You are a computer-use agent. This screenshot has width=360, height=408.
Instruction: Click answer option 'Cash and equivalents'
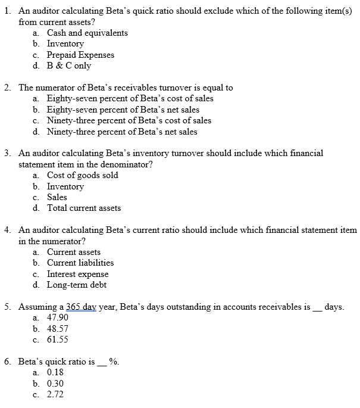(x=87, y=33)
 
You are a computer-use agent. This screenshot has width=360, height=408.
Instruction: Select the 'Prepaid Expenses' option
(x=80, y=55)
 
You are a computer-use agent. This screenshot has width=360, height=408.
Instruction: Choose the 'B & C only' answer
(x=69, y=66)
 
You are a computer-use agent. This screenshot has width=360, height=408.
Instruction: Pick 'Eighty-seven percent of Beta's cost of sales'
(x=130, y=98)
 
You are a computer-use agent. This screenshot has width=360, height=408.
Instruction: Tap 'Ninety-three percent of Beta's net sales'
(x=122, y=132)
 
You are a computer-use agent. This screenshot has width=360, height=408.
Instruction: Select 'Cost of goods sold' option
(x=82, y=175)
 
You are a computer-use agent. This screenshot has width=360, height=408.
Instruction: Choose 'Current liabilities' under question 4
(x=80, y=263)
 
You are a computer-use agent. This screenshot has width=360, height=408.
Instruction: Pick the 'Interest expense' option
(x=77, y=274)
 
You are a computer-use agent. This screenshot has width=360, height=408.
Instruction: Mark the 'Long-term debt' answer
(x=76, y=285)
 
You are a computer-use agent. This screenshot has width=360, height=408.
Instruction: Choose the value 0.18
(x=55, y=372)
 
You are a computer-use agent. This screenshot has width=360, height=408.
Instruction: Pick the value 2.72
(x=55, y=394)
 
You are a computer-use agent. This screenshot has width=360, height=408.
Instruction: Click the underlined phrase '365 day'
(x=80, y=307)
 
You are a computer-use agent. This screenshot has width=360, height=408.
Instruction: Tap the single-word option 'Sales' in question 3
(x=57, y=197)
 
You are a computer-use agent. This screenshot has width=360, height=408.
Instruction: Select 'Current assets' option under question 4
(x=74, y=252)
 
